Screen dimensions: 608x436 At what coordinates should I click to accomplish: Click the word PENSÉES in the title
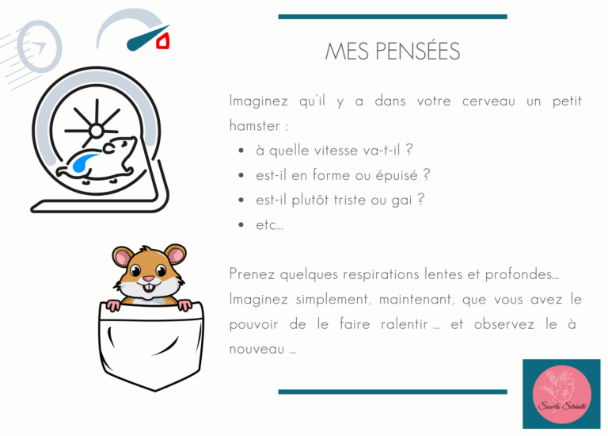click(418, 52)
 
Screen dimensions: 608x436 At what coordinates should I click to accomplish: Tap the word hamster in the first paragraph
click(255, 126)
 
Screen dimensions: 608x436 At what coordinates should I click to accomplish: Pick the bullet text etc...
click(269, 225)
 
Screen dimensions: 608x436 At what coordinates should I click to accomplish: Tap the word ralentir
click(404, 324)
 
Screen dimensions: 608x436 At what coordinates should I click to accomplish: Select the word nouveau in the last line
click(256, 349)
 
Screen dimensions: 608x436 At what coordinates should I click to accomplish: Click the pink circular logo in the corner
click(561, 394)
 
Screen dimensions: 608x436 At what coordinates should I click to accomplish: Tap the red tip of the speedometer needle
click(163, 41)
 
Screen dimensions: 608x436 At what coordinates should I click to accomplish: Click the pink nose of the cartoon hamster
click(149, 279)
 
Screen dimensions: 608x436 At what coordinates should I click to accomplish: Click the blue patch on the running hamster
click(82, 163)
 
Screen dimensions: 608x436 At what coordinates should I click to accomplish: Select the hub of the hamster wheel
click(96, 131)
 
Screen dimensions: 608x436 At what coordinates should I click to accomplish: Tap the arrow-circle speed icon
click(39, 47)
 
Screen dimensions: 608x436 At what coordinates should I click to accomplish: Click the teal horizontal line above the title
click(393, 17)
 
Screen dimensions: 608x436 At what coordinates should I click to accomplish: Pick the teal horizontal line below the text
click(393, 392)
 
